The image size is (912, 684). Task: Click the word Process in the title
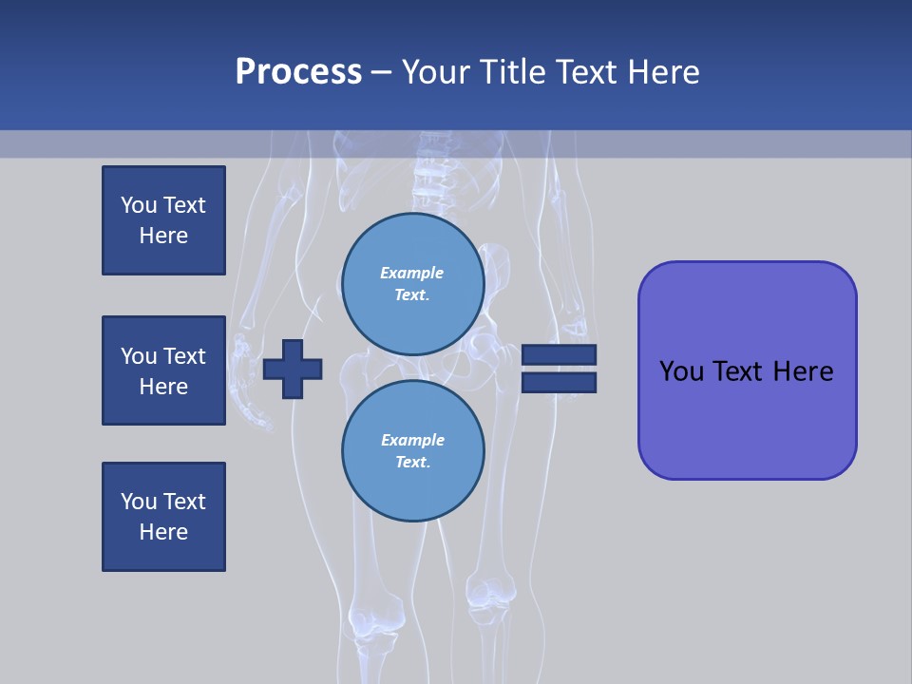298,71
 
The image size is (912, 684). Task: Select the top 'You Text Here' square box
163,220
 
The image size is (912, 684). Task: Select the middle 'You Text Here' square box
163,370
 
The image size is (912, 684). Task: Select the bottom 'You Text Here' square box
163,517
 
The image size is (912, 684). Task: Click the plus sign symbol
293,369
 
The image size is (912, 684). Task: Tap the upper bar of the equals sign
560,354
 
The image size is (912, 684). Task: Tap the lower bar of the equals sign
560,383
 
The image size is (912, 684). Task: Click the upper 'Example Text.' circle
412,284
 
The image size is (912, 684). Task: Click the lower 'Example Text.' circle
412,451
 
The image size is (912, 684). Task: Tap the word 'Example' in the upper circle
411,273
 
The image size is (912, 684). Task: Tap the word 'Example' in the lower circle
412,440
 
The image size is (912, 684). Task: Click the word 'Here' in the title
664,72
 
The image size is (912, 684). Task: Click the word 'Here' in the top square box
163,236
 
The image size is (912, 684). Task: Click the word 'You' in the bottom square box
139,502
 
